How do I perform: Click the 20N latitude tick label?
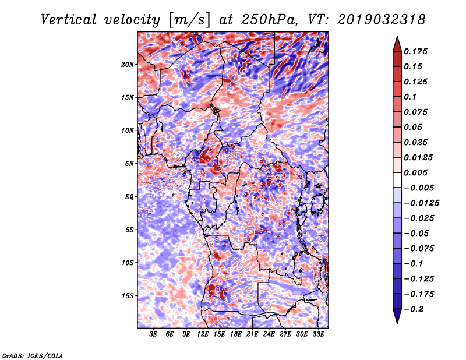128,64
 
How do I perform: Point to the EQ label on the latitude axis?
129,197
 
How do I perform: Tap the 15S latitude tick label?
128,296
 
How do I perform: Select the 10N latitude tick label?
128,130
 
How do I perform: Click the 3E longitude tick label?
154,334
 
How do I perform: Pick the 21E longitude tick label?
252,334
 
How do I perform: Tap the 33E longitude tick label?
319,334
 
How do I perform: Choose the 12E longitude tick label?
203,334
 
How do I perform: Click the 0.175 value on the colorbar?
417,51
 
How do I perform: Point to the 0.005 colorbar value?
417,172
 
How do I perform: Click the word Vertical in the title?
69,20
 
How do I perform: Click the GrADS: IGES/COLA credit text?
33,355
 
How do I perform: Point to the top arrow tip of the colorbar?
397,37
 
